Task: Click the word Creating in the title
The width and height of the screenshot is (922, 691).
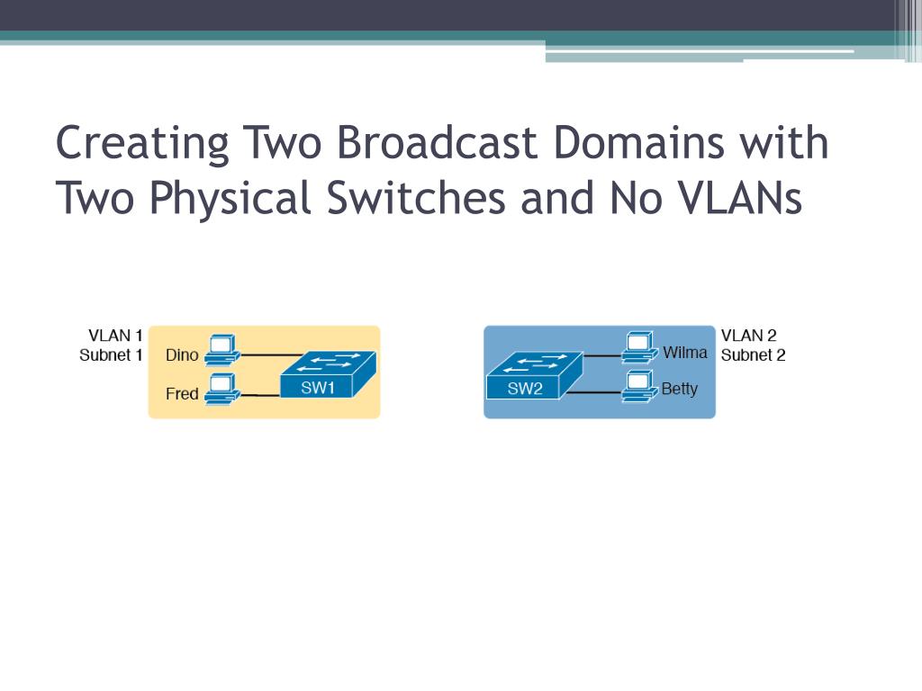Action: click(x=142, y=143)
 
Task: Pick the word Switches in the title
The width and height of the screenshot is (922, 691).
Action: click(x=416, y=198)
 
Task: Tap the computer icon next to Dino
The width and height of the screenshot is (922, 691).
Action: click(x=221, y=351)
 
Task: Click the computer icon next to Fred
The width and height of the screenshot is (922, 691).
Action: click(x=221, y=389)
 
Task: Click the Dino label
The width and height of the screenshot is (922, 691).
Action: click(x=182, y=354)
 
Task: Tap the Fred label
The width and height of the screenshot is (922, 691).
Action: click(x=182, y=393)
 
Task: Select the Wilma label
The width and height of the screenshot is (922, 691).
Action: click(x=685, y=352)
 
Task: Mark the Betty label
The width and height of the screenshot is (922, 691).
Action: click(x=679, y=390)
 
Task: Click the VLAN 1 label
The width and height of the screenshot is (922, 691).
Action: click(x=115, y=337)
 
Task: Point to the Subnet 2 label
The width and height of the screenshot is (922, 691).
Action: click(x=753, y=354)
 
